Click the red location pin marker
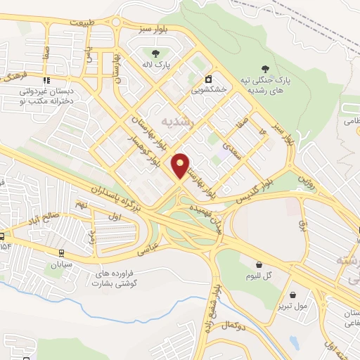[x=181, y=165]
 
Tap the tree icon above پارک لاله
[x=155, y=52]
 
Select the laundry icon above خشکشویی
[x=208, y=79]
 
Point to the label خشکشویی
[x=208, y=91]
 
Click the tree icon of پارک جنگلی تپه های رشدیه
[x=265, y=69]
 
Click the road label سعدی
[x=232, y=150]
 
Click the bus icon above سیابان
[x=61, y=253]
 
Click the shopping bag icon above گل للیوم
[x=259, y=265]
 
